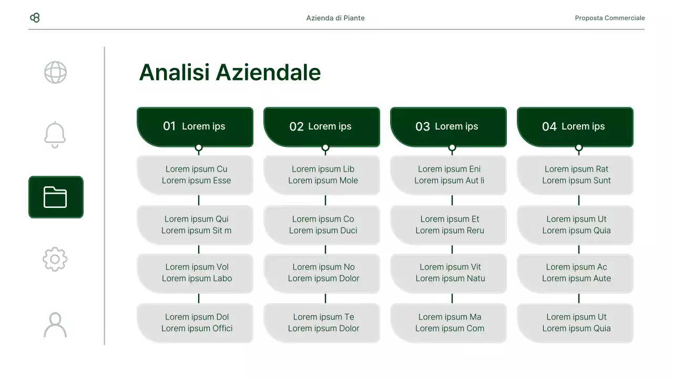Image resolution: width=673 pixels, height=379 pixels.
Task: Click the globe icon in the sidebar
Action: click(x=55, y=73)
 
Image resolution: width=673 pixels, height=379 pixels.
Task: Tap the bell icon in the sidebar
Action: click(x=55, y=135)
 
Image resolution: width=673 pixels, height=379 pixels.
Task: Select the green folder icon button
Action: click(x=56, y=197)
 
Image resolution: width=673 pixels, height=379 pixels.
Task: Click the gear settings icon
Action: click(x=55, y=259)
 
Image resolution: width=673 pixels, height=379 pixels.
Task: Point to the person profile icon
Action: click(x=55, y=325)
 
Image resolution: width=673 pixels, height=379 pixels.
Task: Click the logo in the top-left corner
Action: click(x=35, y=18)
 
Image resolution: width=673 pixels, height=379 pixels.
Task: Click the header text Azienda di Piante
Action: click(x=335, y=18)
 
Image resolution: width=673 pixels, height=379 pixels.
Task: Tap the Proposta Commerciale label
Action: click(x=610, y=18)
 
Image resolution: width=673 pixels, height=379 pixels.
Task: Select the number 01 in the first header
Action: click(x=169, y=126)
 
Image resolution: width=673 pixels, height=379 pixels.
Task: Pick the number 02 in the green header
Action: click(x=297, y=126)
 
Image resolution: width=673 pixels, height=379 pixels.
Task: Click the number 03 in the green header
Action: click(x=423, y=126)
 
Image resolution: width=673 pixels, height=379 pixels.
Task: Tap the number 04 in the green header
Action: click(x=549, y=126)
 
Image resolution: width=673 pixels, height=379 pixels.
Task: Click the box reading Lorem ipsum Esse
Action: click(x=196, y=175)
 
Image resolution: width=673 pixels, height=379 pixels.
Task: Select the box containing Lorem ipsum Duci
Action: click(x=322, y=225)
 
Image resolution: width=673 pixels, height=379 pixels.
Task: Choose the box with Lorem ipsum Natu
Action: click(x=449, y=273)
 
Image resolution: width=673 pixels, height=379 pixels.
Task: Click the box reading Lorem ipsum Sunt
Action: click(x=576, y=175)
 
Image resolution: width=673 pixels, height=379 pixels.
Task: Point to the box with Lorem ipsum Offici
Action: click(x=196, y=323)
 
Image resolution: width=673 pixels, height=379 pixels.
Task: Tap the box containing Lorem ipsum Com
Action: click(x=449, y=323)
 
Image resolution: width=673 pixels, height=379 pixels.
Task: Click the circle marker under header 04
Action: click(x=579, y=148)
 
